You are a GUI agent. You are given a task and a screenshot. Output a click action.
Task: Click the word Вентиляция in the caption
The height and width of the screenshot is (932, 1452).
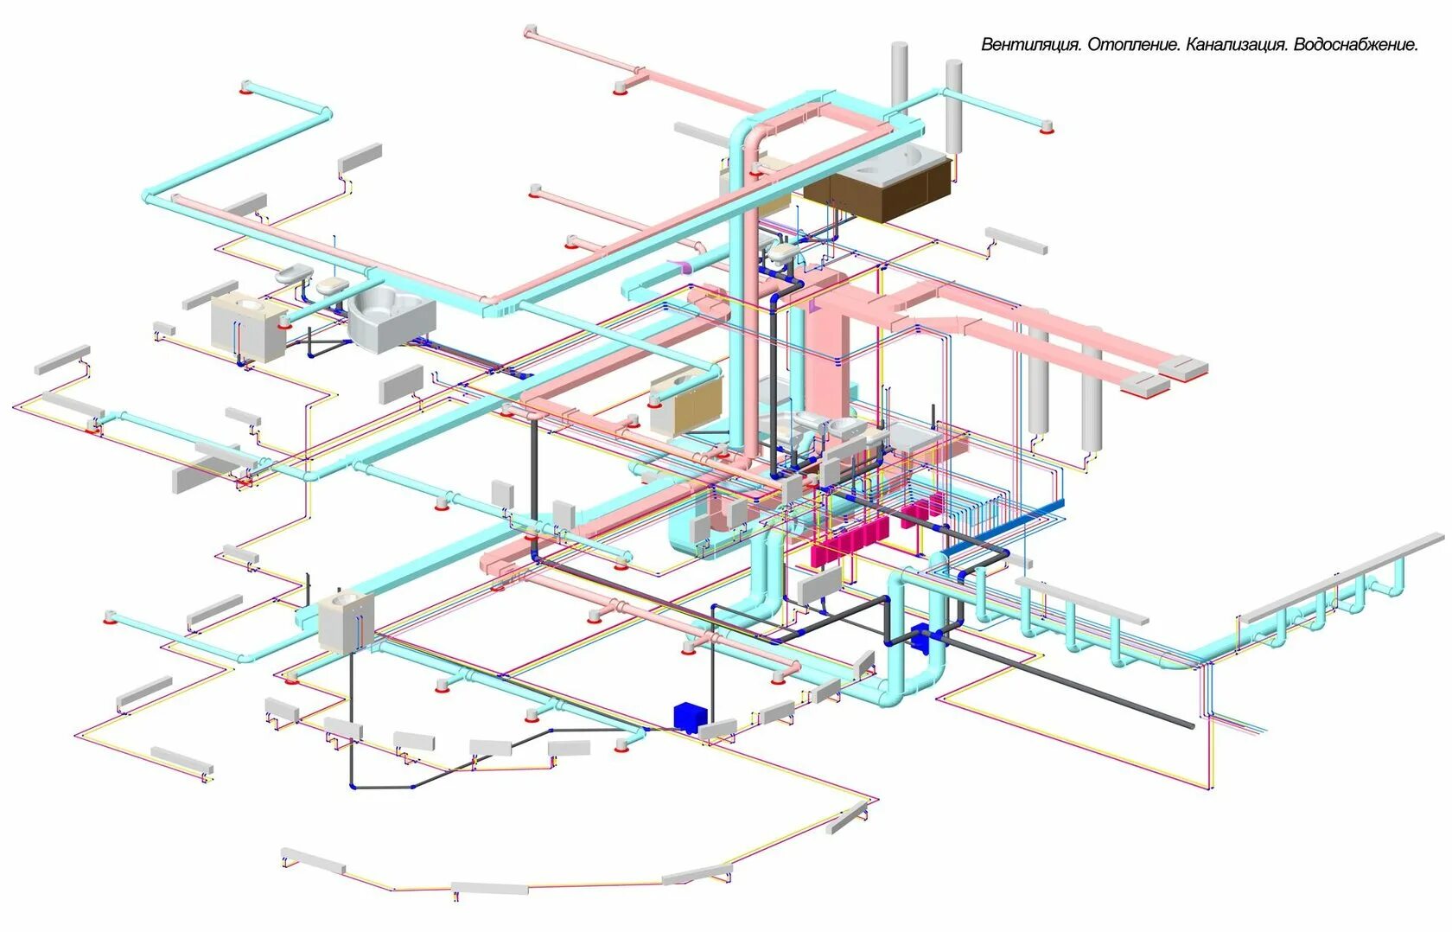click(x=1030, y=45)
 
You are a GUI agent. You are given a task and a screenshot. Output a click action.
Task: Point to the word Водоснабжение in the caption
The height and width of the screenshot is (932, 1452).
click(x=1356, y=45)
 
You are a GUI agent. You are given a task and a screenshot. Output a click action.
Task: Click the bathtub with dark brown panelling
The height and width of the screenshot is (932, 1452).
click(x=880, y=183)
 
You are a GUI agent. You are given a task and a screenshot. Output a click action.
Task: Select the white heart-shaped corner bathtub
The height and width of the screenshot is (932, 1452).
click(x=391, y=317)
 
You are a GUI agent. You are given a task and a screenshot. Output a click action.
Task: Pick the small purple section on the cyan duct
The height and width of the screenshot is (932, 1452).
click(x=683, y=266)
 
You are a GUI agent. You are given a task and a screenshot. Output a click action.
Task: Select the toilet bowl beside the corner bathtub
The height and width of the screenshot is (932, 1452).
click(x=330, y=286)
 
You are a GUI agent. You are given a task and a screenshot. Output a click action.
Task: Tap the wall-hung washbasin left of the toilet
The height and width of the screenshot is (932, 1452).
click(x=294, y=275)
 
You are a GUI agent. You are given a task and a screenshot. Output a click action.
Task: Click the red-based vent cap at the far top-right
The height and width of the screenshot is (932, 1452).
click(x=1047, y=127)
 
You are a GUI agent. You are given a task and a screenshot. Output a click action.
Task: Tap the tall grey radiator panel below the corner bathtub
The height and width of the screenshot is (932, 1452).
click(x=401, y=385)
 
